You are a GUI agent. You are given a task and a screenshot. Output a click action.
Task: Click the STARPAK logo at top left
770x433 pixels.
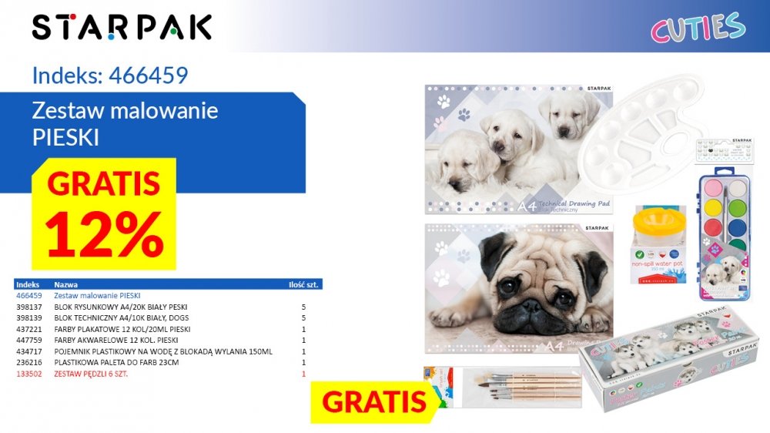(122, 27)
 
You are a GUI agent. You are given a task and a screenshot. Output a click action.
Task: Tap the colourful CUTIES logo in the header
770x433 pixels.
(698, 28)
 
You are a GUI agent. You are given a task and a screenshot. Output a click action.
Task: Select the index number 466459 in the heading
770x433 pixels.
(149, 75)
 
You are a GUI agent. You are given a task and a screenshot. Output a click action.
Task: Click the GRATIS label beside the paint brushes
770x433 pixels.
(374, 401)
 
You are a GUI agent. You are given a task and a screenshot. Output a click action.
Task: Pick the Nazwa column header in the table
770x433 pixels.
(65, 284)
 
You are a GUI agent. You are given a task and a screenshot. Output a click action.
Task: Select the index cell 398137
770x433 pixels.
(28, 307)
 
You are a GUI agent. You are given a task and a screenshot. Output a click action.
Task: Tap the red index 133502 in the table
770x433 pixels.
(28, 374)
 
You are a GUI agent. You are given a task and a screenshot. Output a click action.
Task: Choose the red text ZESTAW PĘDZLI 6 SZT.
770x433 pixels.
(90, 374)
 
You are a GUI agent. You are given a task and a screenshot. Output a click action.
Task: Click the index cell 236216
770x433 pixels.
(28, 362)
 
